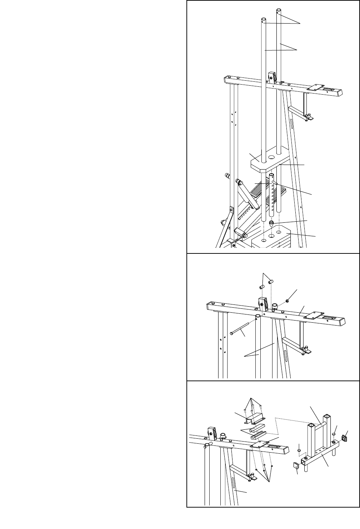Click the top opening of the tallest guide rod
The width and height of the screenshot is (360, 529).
(x=278, y=10)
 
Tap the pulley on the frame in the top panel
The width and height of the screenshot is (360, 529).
(x=272, y=77)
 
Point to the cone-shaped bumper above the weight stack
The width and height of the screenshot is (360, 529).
(x=271, y=224)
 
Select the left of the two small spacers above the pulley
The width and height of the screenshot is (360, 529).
(x=261, y=286)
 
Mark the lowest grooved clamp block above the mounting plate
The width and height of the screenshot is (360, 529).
(x=257, y=434)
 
